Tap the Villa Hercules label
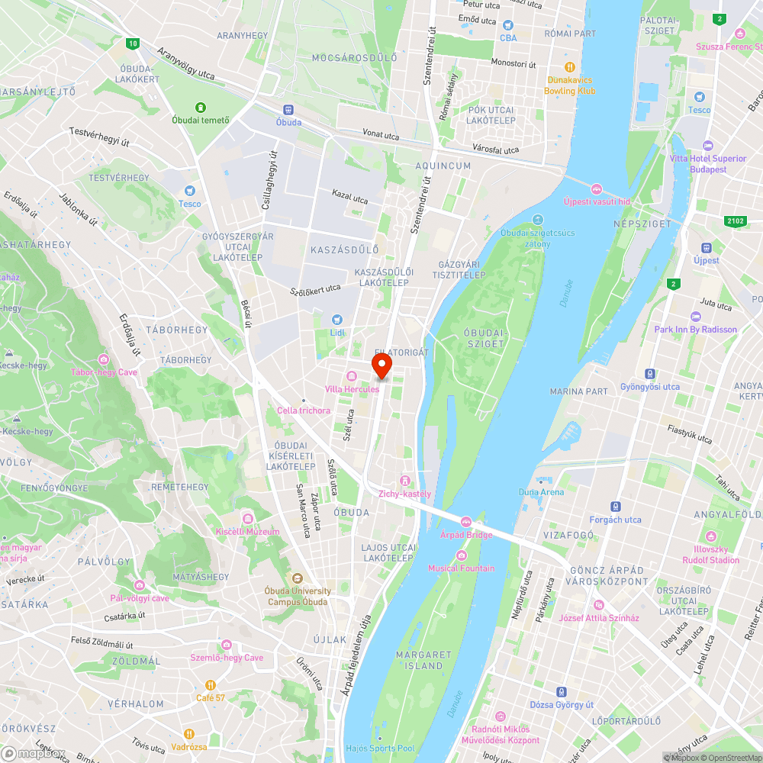(352, 389)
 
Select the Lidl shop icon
(337, 320)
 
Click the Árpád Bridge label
(466, 535)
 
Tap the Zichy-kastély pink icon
(404, 480)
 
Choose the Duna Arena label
(541, 492)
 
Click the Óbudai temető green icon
(201, 108)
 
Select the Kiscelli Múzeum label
(248, 531)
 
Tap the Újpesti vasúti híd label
(596, 201)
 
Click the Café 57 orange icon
(210, 684)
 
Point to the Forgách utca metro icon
(615, 507)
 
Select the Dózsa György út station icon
(562, 692)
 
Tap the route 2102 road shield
(734, 221)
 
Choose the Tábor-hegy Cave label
(103, 372)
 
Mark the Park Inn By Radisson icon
(695, 317)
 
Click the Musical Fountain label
(461, 568)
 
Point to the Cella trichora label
(304, 410)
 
